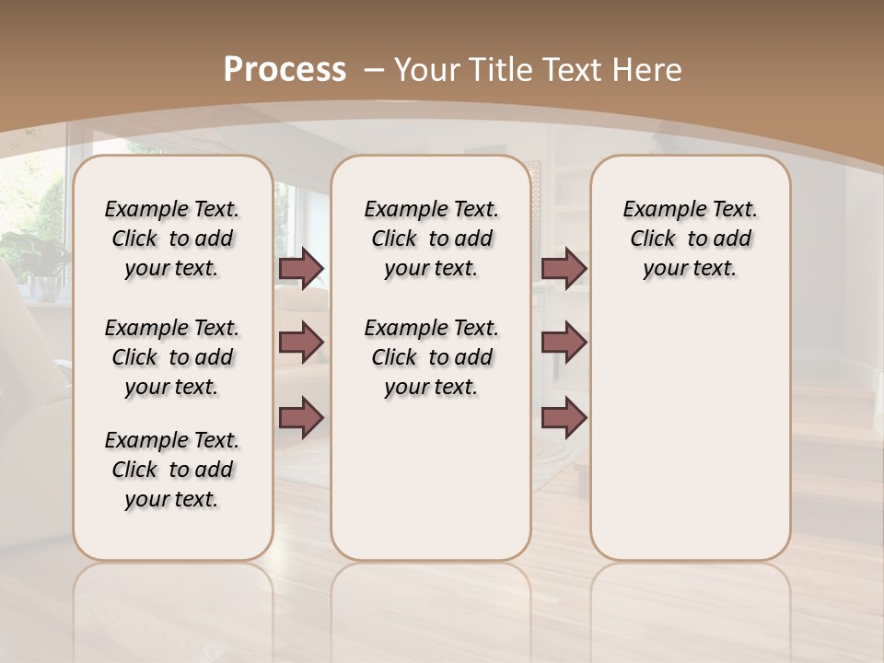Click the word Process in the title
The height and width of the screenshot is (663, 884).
(285, 69)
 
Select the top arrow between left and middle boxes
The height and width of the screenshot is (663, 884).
(301, 268)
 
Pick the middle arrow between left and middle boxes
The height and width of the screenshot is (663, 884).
(301, 343)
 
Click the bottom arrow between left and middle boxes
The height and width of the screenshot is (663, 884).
(301, 417)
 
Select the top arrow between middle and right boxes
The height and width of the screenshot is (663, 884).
(564, 268)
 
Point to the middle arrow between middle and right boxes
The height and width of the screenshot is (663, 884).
(564, 343)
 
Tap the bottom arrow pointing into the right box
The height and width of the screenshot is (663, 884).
(564, 417)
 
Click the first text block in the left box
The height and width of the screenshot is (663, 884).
(172, 238)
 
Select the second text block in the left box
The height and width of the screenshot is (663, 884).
(172, 357)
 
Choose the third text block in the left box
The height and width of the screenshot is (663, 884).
(172, 470)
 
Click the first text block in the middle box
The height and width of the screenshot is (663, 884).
(432, 238)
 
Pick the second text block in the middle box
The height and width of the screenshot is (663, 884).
(432, 357)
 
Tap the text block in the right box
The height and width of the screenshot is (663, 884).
(691, 238)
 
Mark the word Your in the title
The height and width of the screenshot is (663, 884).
(427, 70)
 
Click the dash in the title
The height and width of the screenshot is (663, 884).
(374, 68)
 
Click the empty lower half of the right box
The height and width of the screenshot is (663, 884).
(691, 442)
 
